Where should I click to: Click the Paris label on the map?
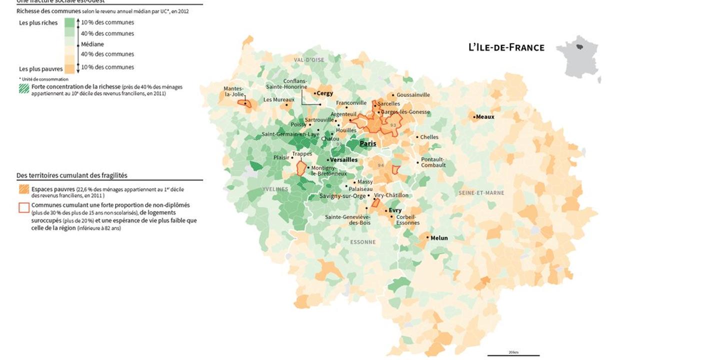[x=367, y=143]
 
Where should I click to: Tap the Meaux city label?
[x=485, y=117]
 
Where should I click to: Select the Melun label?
[x=439, y=238]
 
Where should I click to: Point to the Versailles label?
[x=344, y=160]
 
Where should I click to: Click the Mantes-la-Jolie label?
[x=233, y=91]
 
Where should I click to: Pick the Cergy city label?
[x=325, y=93]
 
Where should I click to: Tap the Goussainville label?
[x=413, y=94]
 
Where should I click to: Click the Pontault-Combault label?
[x=433, y=162]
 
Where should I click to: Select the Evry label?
[x=395, y=210]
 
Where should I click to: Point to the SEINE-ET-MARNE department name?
[x=481, y=193]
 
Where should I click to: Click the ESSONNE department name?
[x=363, y=242]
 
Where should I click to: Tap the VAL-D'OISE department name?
[x=309, y=60]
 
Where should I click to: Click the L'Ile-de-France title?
[x=506, y=47]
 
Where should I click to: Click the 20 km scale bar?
[x=513, y=355]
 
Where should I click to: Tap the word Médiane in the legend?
[x=92, y=44]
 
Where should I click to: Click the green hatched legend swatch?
[x=23, y=89]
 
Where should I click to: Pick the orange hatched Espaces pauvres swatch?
[x=23, y=190]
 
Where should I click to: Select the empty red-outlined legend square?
[x=23, y=207]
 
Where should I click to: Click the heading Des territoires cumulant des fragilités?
[x=72, y=175]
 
